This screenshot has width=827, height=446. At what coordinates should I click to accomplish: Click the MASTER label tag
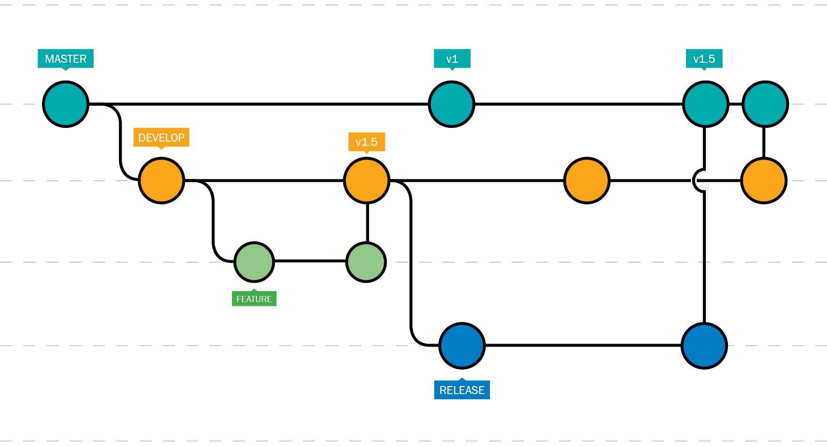coord(66,59)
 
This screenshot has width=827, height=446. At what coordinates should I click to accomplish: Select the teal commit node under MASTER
coord(66,104)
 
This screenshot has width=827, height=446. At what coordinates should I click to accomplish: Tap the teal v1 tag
coord(452,59)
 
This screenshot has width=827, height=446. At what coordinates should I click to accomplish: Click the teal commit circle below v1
coord(451,104)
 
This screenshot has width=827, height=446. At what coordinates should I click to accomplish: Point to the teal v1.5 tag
coord(704,59)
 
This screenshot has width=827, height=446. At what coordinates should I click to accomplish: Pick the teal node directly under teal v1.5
coord(705,104)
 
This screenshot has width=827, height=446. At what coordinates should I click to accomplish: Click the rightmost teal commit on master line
coord(765,104)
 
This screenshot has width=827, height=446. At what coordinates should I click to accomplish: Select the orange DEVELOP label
coord(161,137)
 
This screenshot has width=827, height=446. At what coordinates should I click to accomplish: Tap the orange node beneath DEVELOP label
coord(161,180)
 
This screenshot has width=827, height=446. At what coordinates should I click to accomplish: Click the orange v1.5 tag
coord(366,142)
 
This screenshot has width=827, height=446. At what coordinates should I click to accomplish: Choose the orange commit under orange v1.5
coord(366,180)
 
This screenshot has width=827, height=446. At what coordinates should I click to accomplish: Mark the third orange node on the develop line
coord(587,180)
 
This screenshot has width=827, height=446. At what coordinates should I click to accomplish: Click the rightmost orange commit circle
coord(764,180)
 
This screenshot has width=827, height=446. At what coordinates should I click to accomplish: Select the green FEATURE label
coord(254,299)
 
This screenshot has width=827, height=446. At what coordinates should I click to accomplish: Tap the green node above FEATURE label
coord(254,262)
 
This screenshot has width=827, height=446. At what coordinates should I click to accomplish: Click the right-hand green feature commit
coord(366,262)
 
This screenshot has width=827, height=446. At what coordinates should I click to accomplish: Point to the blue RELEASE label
coord(462,390)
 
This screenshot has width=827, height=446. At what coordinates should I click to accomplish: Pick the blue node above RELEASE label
coord(462,345)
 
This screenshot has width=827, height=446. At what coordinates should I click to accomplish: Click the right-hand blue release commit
coord(704,345)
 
